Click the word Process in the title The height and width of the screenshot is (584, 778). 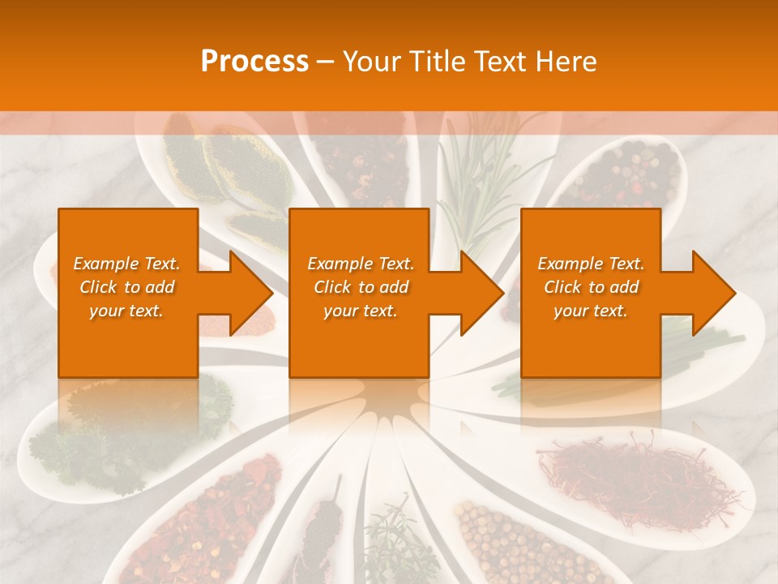[254, 62]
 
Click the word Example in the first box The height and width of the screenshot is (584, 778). [105, 264]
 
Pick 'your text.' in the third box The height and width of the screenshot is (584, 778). [590, 311]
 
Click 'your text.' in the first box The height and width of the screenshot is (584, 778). [126, 311]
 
